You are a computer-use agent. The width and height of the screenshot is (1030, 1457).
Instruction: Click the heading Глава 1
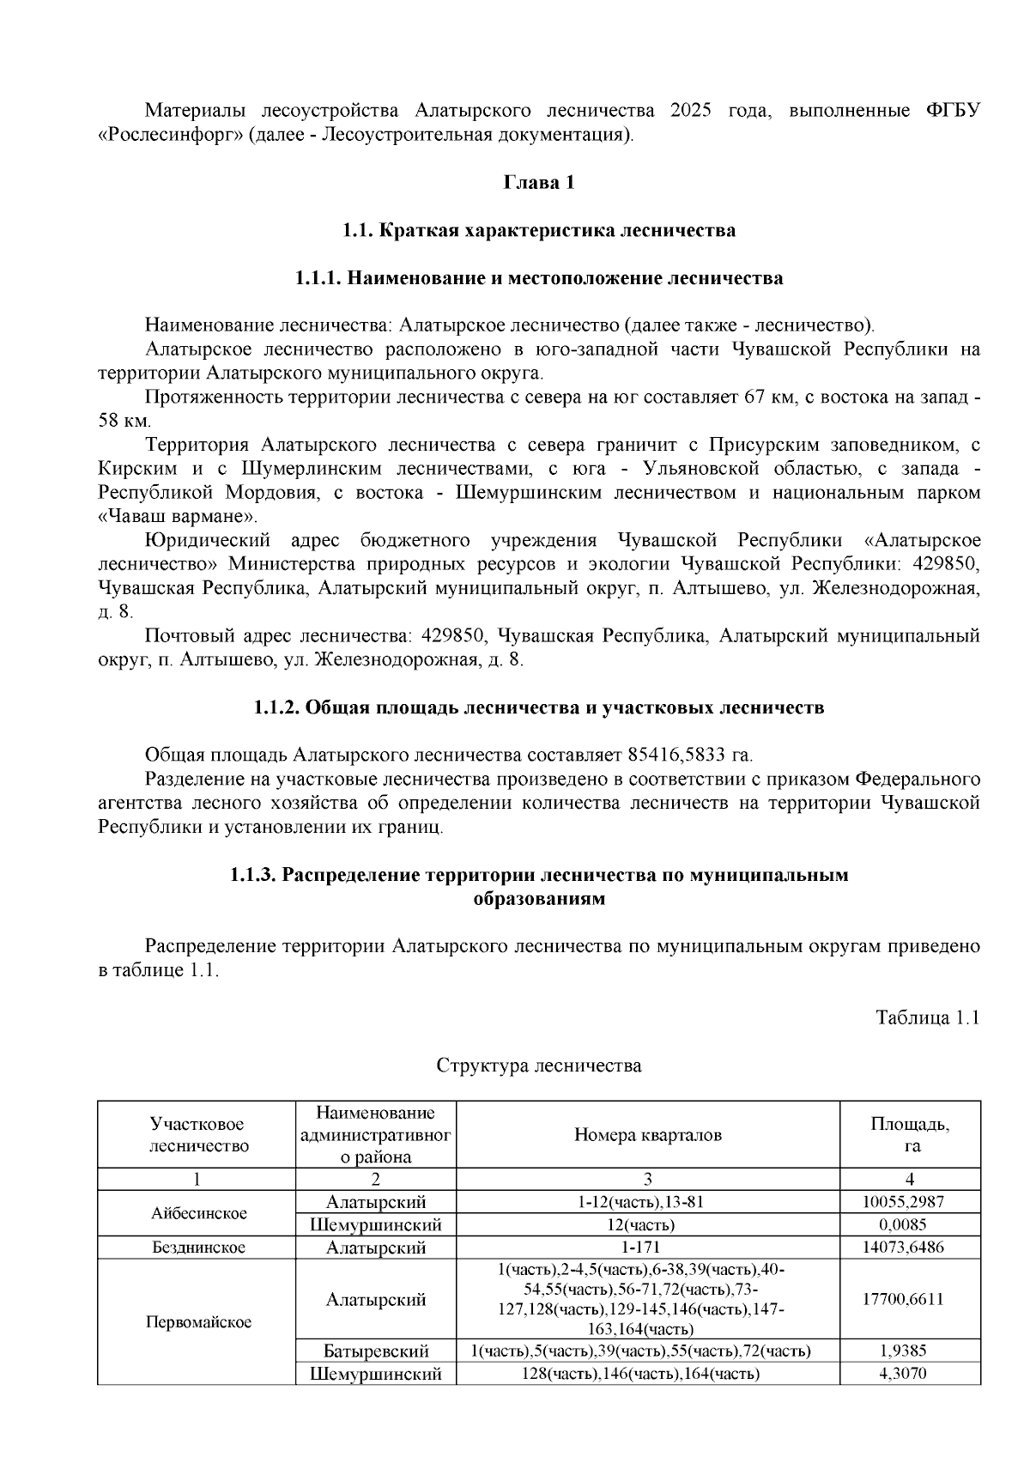pyautogui.click(x=538, y=183)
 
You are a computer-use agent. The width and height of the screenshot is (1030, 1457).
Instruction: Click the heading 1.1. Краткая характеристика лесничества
pyautogui.click(x=538, y=231)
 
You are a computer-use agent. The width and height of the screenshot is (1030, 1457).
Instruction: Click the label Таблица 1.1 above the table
pyautogui.click(x=927, y=1017)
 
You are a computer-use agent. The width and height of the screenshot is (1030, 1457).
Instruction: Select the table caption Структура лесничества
pyautogui.click(x=538, y=1065)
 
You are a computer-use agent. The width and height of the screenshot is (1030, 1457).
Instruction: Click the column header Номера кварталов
pyautogui.click(x=647, y=1135)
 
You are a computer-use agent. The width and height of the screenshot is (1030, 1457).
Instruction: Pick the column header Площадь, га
pyautogui.click(x=910, y=1135)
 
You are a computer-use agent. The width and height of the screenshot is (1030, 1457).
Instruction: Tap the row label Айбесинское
pyautogui.click(x=198, y=1213)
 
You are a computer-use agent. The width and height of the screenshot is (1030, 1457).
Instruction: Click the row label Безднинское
pyautogui.click(x=198, y=1248)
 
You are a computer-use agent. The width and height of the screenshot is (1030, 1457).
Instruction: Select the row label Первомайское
pyautogui.click(x=198, y=1322)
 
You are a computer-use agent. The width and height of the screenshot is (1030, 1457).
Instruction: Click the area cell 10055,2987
pyautogui.click(x=910, y=1202)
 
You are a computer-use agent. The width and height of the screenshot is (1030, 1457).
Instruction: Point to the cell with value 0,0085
pyautogui.click(x=910, y=1224)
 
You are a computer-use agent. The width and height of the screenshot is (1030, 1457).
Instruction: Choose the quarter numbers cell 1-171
pyautogui.click(x=647, y=1248)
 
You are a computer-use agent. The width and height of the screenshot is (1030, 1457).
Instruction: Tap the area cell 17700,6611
pyautogui.click(x=910, y=1299)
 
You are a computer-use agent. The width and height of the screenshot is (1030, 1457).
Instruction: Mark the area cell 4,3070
pyautogui.click(x=910, y=1374)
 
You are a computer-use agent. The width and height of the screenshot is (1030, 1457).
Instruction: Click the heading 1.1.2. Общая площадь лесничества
pyautogui.click(x=538, y=707)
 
